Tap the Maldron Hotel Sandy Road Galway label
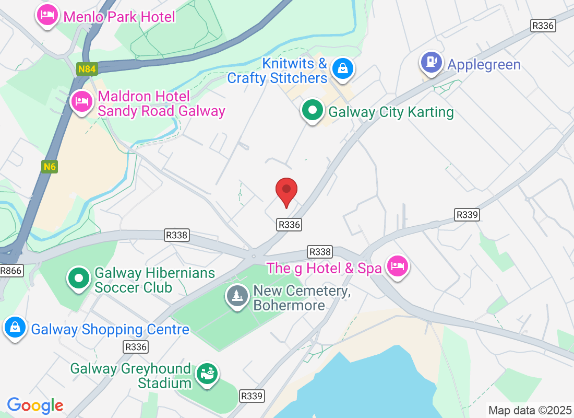(161, 103)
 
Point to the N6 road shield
(50, 167)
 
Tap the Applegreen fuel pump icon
(431, 62)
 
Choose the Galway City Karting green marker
(312, 110)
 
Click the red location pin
(286, 191)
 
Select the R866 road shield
(11, 271)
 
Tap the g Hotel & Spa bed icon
(398, 266)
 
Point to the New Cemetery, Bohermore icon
(237, 296)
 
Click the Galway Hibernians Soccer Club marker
(79, 278)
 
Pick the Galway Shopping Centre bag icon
(15, 328)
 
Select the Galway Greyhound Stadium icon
(207, 374)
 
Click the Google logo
(35, 405)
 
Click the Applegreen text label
(484, 65)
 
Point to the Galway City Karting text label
(391, 112)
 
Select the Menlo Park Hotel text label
(119, 17)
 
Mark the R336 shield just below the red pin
(290, 224)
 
